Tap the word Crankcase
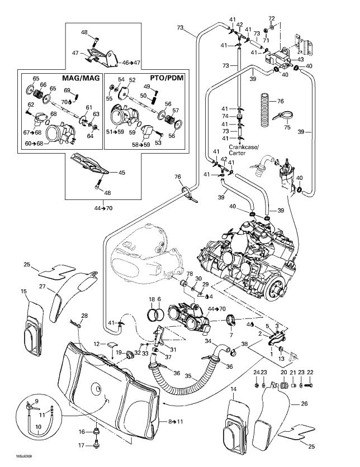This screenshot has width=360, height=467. pyautogui.click(x=242, y=146)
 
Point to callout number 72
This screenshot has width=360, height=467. pyautogui.click(x=272, y=19)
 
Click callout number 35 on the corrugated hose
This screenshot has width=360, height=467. pyautogui.click(x=188, y=377)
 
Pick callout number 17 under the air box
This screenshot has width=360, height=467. pyautogui.click(x=81, y=445)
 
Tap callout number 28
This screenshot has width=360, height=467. pyautogui.click(x=84, y=316)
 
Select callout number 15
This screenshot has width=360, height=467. pyautogui.click(x=24, y=292)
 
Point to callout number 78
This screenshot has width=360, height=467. pyautogui.click(x=190, y=274)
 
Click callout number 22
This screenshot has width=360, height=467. pyautogui.click(x=311, y=372)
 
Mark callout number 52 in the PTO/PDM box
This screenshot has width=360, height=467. pyautogui.click(x=132, y=80)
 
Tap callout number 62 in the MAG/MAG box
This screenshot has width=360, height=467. pyautogui.click(x=31, y=104)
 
